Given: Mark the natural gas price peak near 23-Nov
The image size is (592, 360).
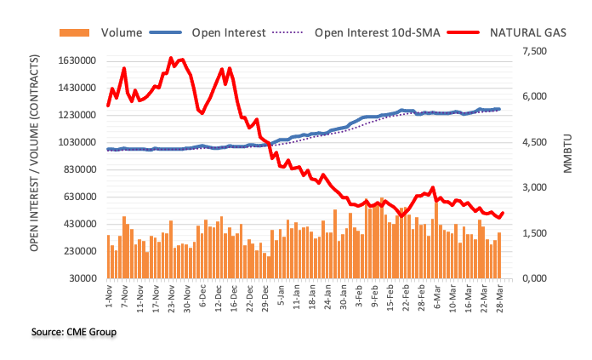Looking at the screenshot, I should coord(172,59).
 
